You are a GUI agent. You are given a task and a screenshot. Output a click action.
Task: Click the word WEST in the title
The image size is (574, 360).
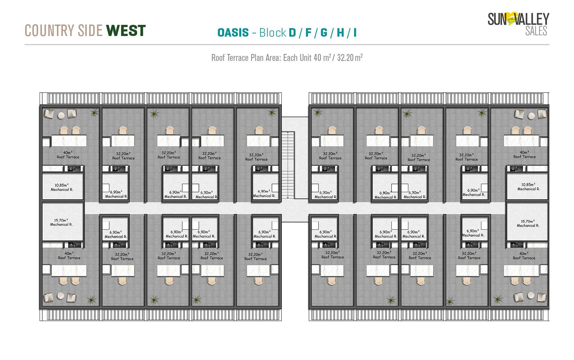point(126,30)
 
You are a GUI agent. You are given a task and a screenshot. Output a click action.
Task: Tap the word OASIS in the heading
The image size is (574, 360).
point(233,33)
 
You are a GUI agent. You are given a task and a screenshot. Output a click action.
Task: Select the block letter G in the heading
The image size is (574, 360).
point(324,33)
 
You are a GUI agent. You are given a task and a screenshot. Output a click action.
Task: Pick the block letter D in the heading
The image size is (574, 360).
point(292,33)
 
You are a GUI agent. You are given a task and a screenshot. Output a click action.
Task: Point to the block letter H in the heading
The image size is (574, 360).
point(340,33)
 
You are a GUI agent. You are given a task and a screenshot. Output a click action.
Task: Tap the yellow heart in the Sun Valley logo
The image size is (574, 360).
point(511,18)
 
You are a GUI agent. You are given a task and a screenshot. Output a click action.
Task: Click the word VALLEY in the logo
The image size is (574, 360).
point(532,19)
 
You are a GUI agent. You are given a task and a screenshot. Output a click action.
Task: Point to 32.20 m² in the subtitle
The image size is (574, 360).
point(350,58)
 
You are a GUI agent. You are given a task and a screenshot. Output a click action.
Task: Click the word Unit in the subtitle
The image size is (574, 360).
point(305,58)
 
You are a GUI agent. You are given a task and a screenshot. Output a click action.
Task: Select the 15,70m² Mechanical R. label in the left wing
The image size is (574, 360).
point(61,223)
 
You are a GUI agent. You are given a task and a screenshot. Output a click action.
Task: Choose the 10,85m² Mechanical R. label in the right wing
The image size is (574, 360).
point(528,187)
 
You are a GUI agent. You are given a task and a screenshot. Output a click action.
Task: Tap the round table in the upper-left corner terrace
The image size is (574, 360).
point(61,115)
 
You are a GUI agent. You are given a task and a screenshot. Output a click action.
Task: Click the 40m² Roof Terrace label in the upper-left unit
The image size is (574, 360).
point(68,155)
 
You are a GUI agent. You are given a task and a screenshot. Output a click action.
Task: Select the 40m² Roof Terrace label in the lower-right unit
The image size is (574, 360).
point(524,256)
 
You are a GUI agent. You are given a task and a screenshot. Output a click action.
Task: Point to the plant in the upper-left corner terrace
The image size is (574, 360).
point(94,113)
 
